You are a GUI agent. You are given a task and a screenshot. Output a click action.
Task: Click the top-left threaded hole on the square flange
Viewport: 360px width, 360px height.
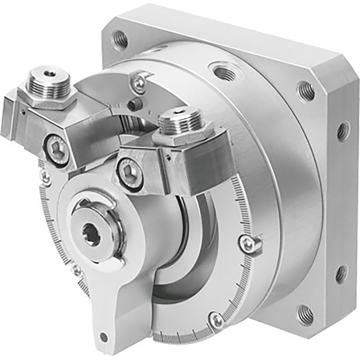pos(120,40)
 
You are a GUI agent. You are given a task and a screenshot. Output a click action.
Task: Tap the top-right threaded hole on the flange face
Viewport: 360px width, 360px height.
pos(306,91)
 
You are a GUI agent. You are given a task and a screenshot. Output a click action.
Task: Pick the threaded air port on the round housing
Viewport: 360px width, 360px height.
pos(225,73)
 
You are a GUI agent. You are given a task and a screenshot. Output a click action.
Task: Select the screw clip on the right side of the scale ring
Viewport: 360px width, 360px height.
pos(249,243)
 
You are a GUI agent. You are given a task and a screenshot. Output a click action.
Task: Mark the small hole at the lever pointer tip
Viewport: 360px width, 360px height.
pos(104,337)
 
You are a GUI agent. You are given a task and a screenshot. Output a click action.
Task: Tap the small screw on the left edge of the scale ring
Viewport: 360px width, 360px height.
pos(46,177)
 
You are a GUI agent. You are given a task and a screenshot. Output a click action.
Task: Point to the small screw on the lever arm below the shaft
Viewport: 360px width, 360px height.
pos(77,268)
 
